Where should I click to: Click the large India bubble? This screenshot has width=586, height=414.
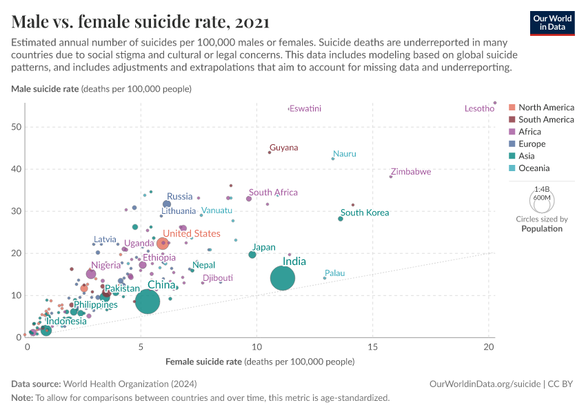tap(283, 278)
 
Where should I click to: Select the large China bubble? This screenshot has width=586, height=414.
tap(148, 301)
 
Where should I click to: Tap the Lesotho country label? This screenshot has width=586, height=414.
tap(479, 108)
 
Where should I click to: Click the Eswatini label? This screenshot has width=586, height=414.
tap(305, 108)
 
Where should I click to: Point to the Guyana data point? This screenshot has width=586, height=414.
tap(270, 152)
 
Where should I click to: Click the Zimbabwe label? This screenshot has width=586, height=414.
tap(411, 172)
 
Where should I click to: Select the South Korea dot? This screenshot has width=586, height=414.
tap(341, 219)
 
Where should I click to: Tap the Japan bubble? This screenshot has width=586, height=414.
tap(252, 255)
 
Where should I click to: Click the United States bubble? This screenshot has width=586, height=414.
tap(163, 243)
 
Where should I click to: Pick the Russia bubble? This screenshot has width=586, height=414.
tap(167, 204)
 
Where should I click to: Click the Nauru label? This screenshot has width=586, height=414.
tap(345, 154)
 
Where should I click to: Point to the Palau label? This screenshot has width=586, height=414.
tap(334, 274)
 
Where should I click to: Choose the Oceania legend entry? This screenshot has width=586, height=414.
tap(534, 168)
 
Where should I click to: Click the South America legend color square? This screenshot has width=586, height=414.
tap(512, 119)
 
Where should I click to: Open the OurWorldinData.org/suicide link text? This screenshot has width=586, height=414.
tap(481, 384)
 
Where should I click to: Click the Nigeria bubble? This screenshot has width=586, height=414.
tap(91, 274)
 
